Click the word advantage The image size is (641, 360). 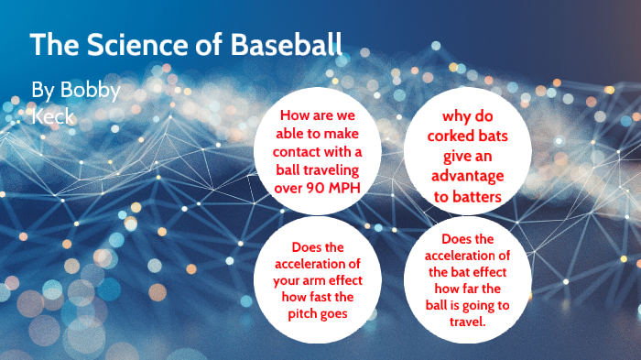click(x=468, y=175)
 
